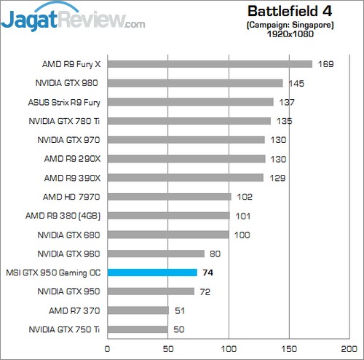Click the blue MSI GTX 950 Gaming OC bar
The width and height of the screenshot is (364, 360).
(152, 273)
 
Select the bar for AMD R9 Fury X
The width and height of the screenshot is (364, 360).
(210, 64)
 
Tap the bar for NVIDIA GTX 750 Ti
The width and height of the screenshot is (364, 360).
(138, 329)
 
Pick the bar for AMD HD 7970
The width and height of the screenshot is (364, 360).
(169, 197)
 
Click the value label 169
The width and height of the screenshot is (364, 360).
(325, 64)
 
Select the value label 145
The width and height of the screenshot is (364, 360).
(296, 83)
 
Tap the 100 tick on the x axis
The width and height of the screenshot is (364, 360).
(229, 348)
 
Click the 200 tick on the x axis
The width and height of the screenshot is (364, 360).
(350, 348)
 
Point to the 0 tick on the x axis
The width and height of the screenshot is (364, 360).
(108, 348)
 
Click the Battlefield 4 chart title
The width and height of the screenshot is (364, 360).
(289, 11)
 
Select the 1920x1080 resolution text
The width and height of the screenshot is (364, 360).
(289, 34)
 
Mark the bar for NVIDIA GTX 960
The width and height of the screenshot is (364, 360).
(156, 254)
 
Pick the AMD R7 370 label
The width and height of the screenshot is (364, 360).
(74, 310)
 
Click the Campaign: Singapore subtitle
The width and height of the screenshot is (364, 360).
(289, 24)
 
